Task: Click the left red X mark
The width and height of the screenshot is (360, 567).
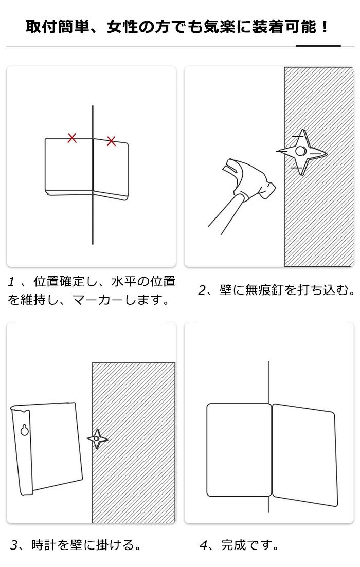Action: [x=73, y=138]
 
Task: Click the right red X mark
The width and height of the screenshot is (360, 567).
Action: [x=112, y=141]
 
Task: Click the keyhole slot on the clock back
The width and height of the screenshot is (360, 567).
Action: [x=25, y=429]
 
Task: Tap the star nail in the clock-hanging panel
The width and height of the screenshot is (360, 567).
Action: [x=97, y=439]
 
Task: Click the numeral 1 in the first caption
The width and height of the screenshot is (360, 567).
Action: [x=12, y=282]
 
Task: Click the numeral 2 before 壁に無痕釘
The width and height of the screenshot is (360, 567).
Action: [x=202, y=290]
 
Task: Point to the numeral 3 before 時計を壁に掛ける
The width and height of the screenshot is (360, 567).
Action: [x=14, y=545]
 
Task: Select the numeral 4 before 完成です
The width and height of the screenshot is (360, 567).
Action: [x=204, y=545]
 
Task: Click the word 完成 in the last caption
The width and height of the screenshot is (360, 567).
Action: [x=233, y=545]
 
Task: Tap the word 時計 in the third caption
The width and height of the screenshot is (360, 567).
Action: [x=44, y=545]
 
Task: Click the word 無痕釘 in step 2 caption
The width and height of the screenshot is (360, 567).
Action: [x=264, y=290]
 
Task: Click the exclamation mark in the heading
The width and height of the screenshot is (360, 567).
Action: [x=325, y=27]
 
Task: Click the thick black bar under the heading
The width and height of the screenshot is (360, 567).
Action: [x=318, y=46]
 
